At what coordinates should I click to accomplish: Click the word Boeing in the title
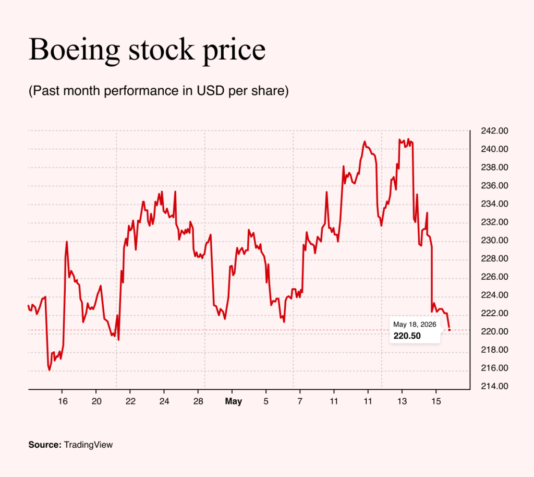(x=74, y=50)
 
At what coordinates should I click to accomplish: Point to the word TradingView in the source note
(x=88, y=445)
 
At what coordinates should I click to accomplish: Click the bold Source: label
(x=45, y=445)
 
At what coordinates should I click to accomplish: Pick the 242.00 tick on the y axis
(x=494, y=131)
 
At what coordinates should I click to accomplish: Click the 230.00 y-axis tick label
(x=494, y=240)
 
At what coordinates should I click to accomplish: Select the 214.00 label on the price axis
(x=494, y=386)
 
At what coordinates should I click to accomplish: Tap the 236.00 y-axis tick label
(x=494, y=185)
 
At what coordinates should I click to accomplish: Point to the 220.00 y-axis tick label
(x=494, y=331)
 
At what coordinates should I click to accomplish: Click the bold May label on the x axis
(x=233, y=401)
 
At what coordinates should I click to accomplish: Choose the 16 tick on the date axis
(x=63, y=401)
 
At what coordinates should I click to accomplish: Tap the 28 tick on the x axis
(x=198, y=401)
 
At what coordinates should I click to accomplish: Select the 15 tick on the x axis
(x=436, y=401)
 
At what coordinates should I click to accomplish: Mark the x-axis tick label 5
(x=266, y=401)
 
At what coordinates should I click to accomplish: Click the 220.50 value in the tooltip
(x=407, y=336)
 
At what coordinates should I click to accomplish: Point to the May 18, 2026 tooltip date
(x=415, y=325)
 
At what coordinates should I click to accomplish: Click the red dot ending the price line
(x=450, y=330)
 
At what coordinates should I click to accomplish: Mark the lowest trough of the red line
(x=50, y=370)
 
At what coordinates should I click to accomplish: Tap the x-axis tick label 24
(x=164, y=401)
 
